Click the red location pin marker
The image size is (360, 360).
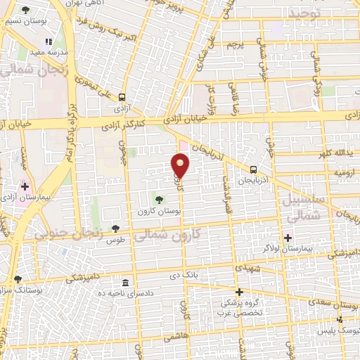coord(181,165)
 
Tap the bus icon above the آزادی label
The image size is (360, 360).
coord(122,98)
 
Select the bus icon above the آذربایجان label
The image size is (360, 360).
coord(253,169)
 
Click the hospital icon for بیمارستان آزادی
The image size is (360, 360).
coord(26,187)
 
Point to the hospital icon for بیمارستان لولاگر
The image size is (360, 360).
coord(287,237)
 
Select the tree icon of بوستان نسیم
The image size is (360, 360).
coord(26,11)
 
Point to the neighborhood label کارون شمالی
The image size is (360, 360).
coord(166,236)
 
